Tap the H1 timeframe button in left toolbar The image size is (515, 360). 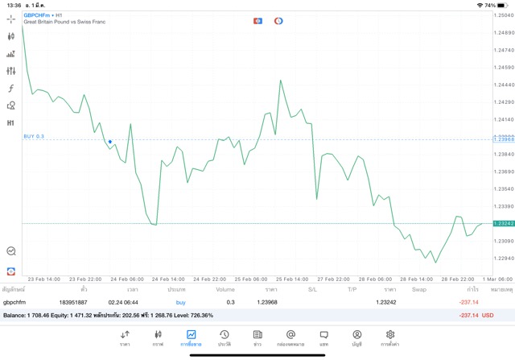tap(11, 123)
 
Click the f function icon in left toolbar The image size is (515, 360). tap(11, 88)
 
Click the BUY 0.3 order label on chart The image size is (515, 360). tap(34, 137)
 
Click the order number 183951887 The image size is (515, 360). tap(73, 301)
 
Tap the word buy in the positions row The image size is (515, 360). tap(180, 301)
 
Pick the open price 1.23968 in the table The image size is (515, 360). tap(267, 301)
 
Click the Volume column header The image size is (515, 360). tap(225, 288)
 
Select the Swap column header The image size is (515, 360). tap(419, 288)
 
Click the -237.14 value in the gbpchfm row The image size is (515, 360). tap(468, 301)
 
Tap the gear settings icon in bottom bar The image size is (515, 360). tap(390, 334)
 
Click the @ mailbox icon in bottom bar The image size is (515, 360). tap(290, 334)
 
